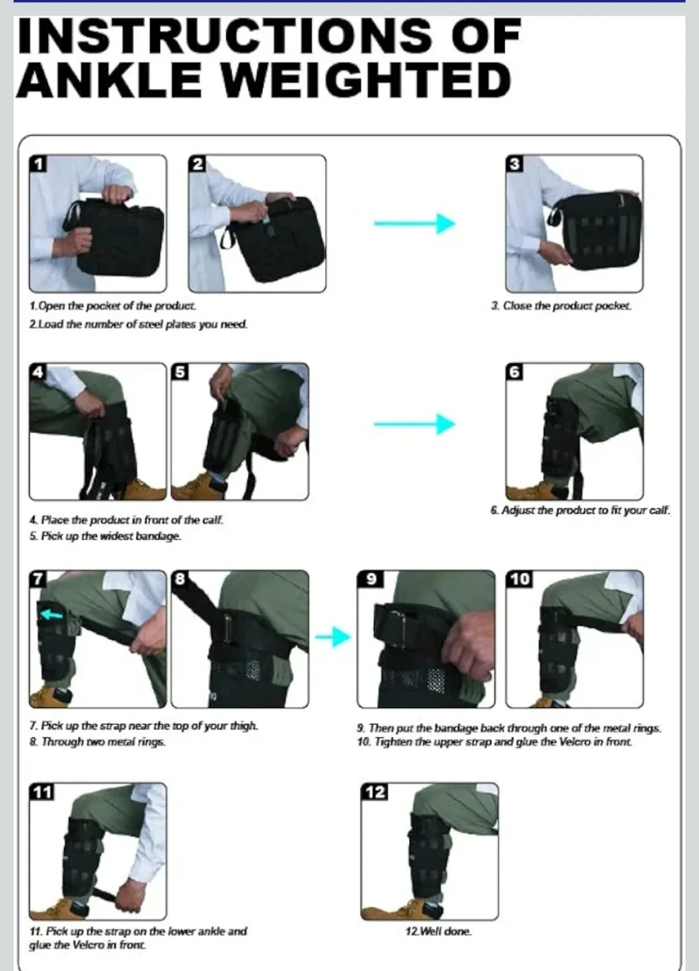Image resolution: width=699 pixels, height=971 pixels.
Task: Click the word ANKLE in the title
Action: pyautogui.click(x=109, y=80)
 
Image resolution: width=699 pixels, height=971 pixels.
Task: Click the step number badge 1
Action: pyautogui.click(x=38, y=165)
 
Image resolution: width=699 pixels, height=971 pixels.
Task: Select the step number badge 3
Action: pyautogui.click(x=514, y=165)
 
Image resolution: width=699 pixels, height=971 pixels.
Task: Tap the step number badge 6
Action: pyautogui.click(x=514, y=372)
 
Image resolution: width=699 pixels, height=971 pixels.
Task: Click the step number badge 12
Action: pyautogui.click(x=375, y=792)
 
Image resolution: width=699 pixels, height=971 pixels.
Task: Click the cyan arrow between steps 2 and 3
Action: pyautogui.click(x=415, y=224)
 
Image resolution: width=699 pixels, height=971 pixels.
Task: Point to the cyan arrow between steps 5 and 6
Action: pyautogui.click(x=415, y=423)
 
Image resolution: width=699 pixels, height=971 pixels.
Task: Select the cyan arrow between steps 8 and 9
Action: pyautogui.click(x=333, y=637)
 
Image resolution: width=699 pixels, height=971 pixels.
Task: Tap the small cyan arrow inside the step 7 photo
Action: pyautogui.click(x=51, y=614)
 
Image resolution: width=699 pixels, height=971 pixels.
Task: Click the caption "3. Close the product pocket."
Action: pyautogui.click(x=561, y=306)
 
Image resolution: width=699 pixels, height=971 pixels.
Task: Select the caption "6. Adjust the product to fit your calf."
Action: pyautogui.click(x=580, y=510)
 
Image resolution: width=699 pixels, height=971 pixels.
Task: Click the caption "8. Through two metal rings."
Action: pyautogui.click(x=98, y=742)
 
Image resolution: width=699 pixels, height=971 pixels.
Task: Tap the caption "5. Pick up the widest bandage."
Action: pyautogui.click(x=105, y=536)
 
